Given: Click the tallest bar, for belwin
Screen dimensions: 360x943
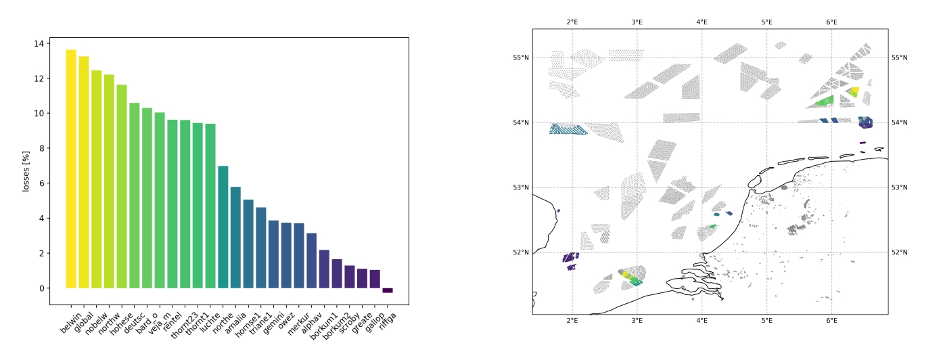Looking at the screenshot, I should [71, 169].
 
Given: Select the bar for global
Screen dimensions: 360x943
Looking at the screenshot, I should [84, 173].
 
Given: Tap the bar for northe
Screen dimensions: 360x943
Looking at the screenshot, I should [223, 227].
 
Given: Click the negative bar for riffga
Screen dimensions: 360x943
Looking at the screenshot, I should [388, 290].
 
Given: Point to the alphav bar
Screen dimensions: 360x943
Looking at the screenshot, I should [311, 261].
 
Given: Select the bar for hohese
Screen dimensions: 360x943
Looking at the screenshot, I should [122, 187].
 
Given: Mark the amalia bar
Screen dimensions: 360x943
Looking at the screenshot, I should [235, 238].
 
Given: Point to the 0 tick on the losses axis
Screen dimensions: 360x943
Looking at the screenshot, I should [42, 288].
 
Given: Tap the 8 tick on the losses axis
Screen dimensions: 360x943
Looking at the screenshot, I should [42, 148].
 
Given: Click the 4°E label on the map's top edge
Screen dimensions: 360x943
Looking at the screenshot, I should [701, 22].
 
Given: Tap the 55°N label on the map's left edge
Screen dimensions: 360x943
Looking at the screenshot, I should [520, 58].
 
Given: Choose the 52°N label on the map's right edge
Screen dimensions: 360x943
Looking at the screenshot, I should [900, 252].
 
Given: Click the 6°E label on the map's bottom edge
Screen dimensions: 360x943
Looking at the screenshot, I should [831, 321].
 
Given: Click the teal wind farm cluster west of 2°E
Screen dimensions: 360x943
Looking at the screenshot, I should [567, 129].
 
